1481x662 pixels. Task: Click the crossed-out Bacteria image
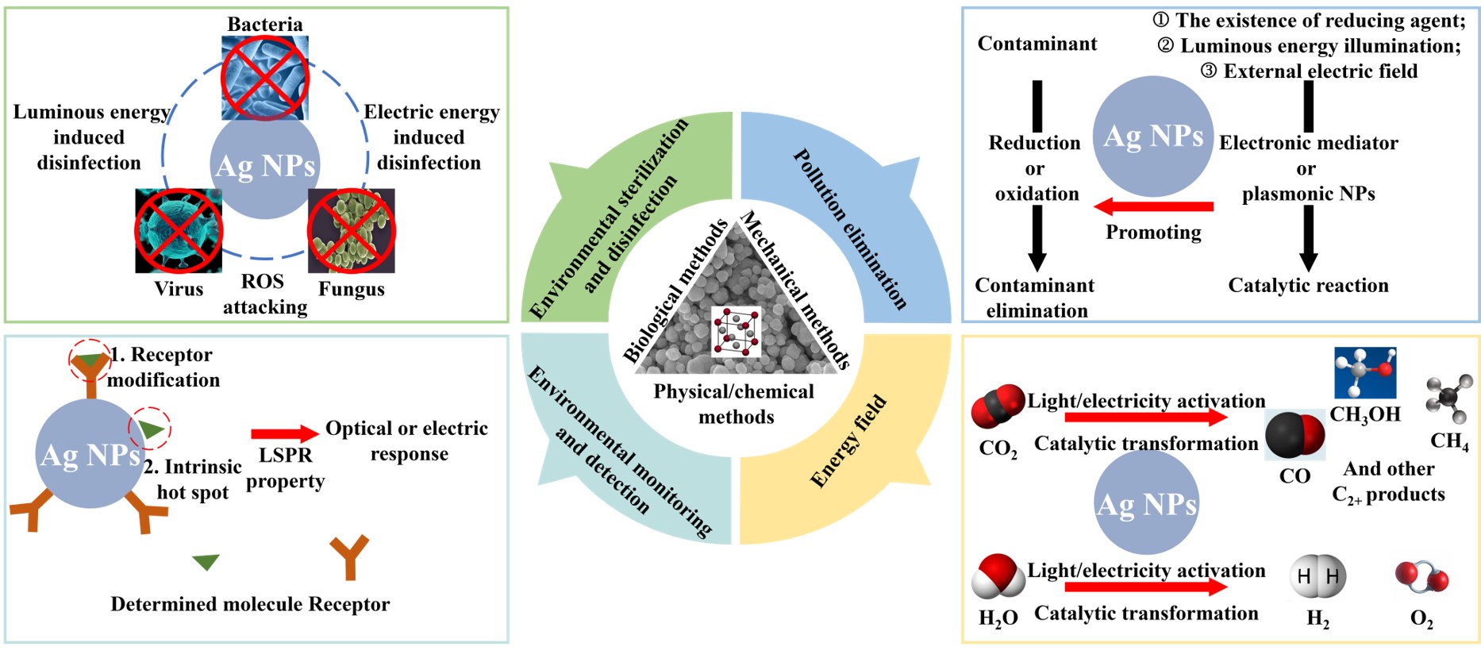[264, 78]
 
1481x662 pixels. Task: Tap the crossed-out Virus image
[179, 231]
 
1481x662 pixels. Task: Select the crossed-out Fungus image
[351, 231]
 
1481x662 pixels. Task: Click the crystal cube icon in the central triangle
[736, 331]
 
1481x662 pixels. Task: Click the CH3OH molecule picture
[1364, 372]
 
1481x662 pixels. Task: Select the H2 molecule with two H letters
[1318, 576]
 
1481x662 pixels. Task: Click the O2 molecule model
[1421, 578]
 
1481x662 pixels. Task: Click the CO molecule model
[1294, 435]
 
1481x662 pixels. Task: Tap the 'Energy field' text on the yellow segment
[848, 441]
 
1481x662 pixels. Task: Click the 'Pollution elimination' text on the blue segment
[849, 229]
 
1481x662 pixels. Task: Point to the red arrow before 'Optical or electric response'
[284, 433]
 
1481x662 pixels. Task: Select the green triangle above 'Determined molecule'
[206, 562]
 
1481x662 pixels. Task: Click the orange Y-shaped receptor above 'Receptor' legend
[349, 556]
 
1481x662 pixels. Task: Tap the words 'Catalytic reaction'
[1308, 286]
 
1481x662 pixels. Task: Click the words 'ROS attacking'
[264, 294]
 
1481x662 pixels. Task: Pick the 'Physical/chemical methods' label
[734, 404]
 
